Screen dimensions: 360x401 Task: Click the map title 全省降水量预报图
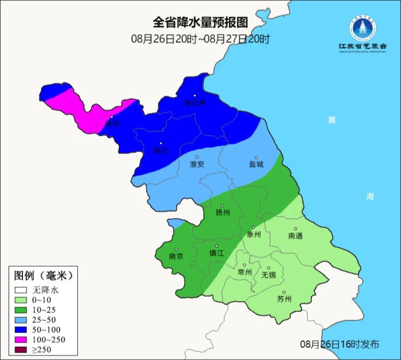(x=200, y=23)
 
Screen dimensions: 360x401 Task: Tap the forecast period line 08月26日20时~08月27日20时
(x=200, y=39)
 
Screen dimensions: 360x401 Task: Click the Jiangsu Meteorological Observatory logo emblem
(x=362, y=28)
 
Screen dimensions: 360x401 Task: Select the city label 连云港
(x=195, y=103)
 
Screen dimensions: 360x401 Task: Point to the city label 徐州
(x=112, y=123)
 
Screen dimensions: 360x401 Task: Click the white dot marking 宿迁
(x=161, y=143)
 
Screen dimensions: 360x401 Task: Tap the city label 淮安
(x=197, y=164)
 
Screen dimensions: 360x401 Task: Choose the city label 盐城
(x=256, y=164)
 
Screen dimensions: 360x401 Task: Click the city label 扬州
(x=223, y=213)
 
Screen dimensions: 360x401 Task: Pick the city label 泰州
(x=254, y=234)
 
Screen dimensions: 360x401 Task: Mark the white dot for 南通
(x=296, y=229)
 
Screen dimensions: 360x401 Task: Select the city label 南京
(x=176, y=256)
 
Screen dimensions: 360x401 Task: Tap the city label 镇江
(x=216, y=253)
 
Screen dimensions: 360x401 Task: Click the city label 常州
(x=245, y=272)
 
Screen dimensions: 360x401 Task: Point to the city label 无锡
(x=268, y=275)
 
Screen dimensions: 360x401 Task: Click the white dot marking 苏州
(x=284, y=292)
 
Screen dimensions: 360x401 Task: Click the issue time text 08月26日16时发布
(x=339, y=344)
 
